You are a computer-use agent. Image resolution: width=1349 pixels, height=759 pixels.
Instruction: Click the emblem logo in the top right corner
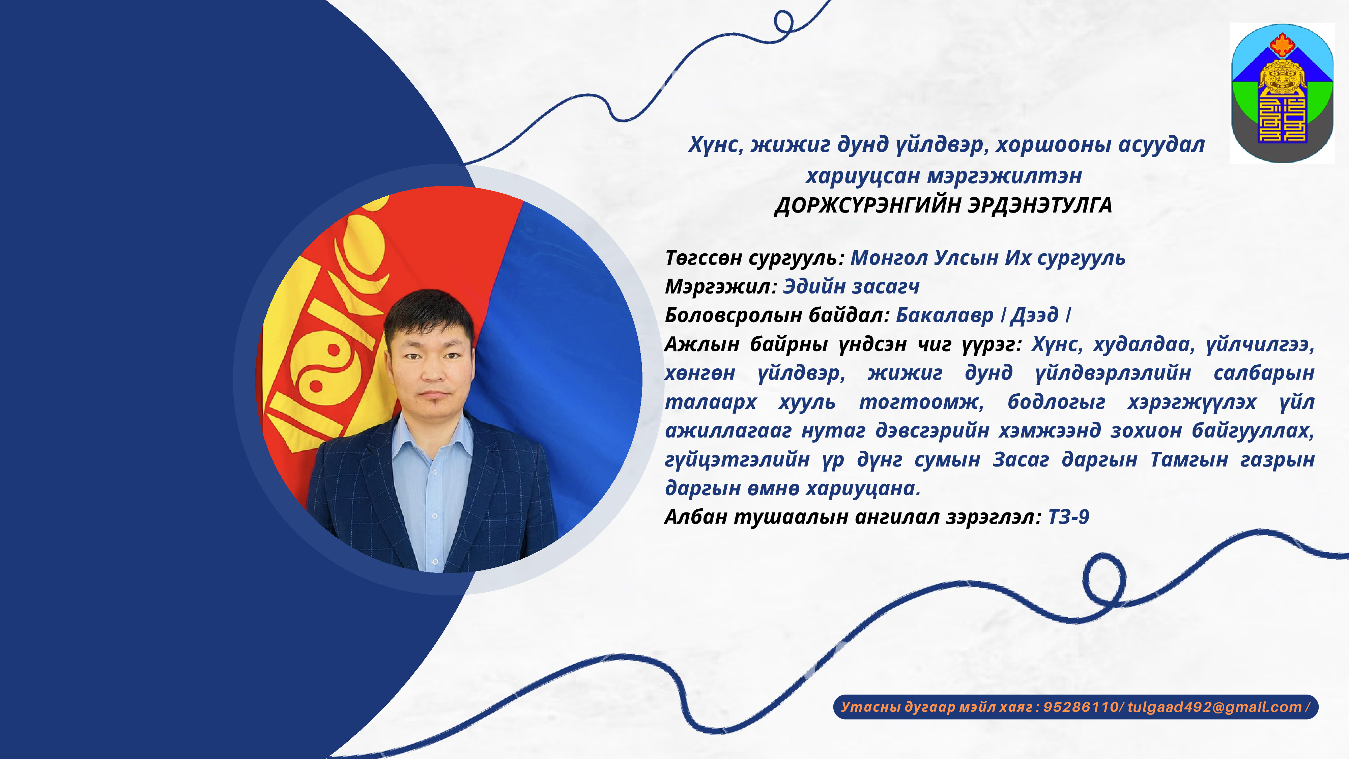(1282, 93)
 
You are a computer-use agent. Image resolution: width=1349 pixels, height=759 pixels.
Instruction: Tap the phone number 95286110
(1080, 707)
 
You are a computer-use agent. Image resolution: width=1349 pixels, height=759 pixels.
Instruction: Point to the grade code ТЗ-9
(1068, 517)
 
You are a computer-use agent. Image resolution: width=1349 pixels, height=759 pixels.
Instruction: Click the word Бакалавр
(944, 315)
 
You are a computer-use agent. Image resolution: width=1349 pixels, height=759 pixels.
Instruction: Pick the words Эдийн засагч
(851, 286)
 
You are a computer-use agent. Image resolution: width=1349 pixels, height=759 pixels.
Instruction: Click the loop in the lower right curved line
(1104, 580)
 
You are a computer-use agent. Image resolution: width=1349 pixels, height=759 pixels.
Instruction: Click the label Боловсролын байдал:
(777, 315)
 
